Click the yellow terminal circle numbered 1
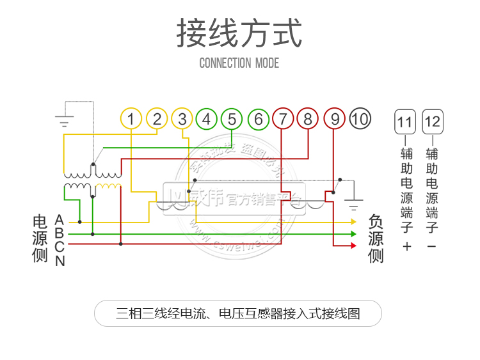pos(131,118)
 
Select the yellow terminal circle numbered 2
pos(157,118)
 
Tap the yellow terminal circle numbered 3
pos(182,118)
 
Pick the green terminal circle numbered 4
pos(206,118)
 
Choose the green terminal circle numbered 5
pos(232,118)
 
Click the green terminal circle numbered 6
pos(258,118)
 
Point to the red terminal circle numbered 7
pos(283,118)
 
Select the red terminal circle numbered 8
pos(308,118)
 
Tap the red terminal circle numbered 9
pos(334,118)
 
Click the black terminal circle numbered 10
pos(360,118)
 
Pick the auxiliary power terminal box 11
pos(405,121)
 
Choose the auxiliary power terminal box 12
pos(433,121)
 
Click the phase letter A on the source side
pos(59,220)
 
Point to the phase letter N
pos(60,261)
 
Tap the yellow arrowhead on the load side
pos(353,222)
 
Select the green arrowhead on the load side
pos(353,234)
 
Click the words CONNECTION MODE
pos(239,63)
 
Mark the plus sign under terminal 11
pos(406,246)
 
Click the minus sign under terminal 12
pos(432,246)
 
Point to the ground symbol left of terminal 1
pos(63,121)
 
